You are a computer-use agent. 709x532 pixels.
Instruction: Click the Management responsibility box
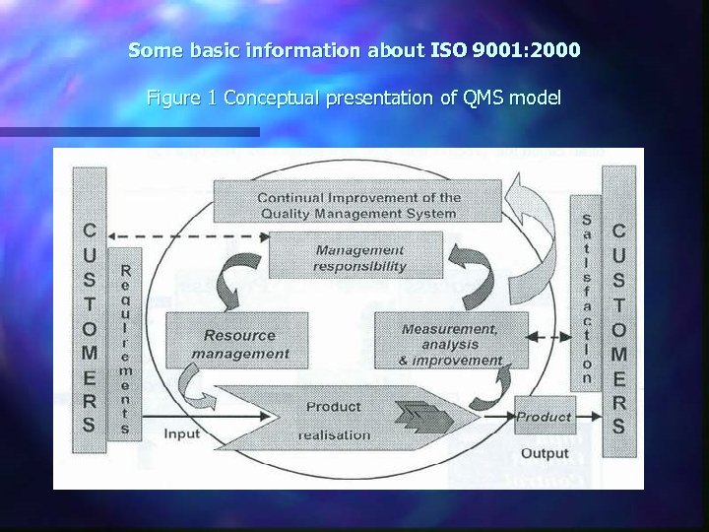(360, 257)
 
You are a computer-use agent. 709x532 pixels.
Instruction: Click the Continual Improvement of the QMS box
(357, 204)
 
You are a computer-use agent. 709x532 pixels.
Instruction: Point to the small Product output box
(544, 417)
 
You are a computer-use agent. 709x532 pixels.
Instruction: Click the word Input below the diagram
(181, 433)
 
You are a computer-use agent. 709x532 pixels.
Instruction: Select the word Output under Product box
(545, 453)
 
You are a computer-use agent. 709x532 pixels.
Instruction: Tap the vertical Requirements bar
(124, 349)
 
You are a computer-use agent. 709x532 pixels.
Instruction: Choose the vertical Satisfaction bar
(587, 299)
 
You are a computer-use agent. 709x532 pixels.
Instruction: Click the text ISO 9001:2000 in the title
(505, 48)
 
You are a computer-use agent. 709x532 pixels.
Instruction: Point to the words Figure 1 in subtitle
(182, 98)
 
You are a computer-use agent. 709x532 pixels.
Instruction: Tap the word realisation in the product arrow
(335, 434)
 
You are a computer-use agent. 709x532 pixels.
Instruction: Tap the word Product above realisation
(333, 406)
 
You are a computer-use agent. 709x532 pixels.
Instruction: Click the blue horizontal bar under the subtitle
(129, 131)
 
